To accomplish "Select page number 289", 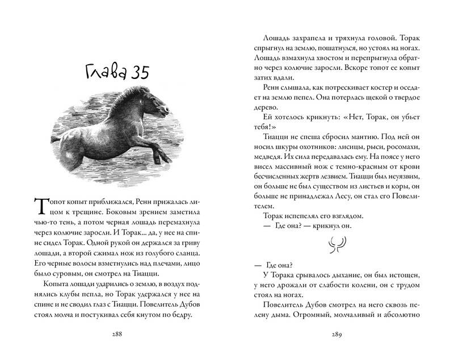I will [x=332, y=333].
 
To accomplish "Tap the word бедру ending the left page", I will [x=204, y=307].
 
